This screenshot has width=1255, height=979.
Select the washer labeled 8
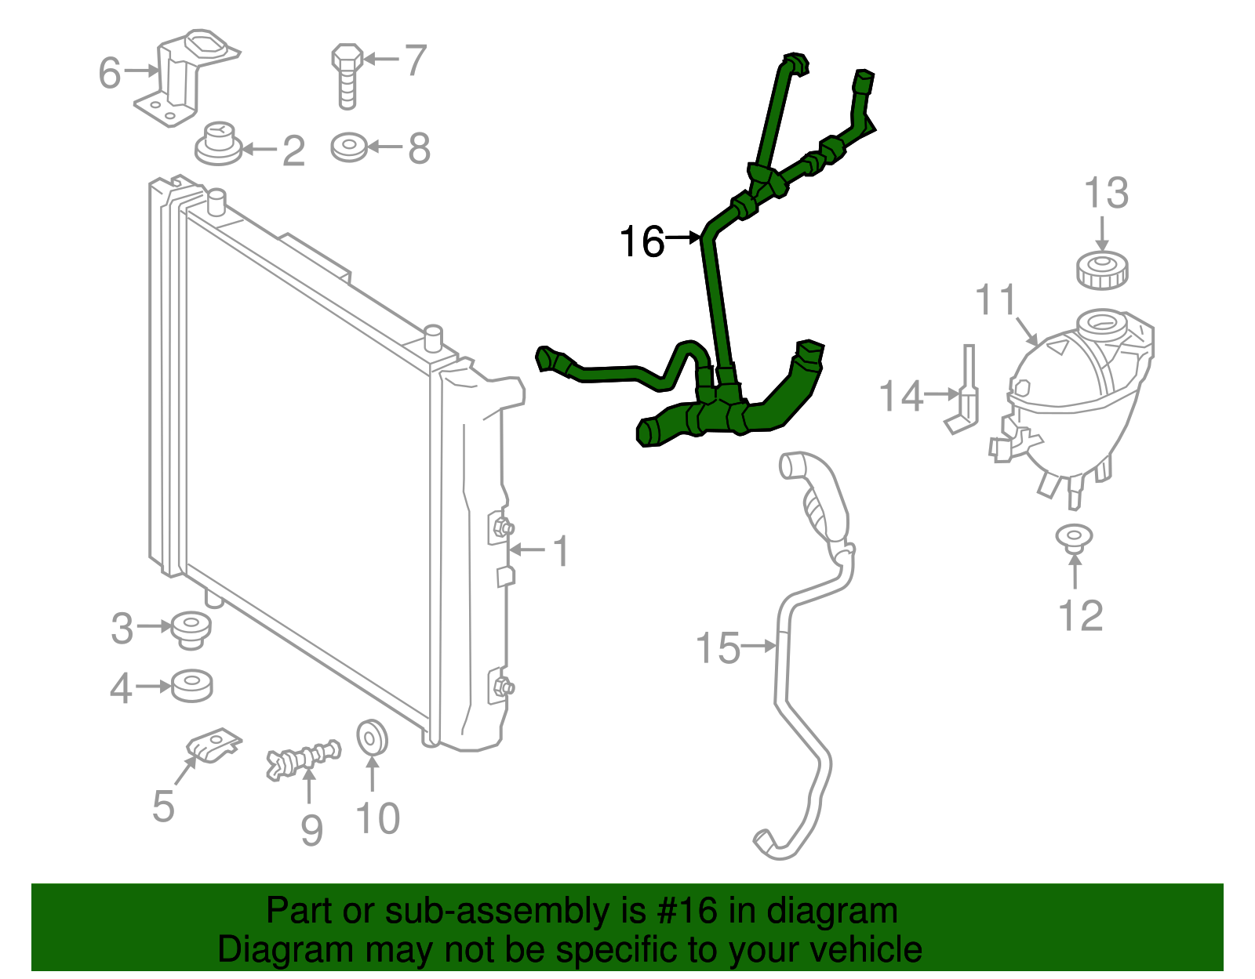[x=349, y=147]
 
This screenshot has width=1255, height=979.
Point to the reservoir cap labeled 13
[x=1102, y=270]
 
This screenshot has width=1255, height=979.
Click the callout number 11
[x=995, y=300]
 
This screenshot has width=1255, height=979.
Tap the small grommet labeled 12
[x=1074, y=536]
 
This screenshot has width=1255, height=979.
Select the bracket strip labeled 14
[x=966, y=392]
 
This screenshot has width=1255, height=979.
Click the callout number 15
[x=718, y=649]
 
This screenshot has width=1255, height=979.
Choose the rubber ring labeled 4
[x=191, y=686]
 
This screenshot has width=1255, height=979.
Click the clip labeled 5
[x=214, y=744]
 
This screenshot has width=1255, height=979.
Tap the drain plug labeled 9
[x=304, y=760]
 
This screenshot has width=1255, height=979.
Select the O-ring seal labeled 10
[x=372, y=737]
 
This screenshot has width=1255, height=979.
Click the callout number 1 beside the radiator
[x=561, y=551]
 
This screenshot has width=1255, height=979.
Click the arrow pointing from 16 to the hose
[x=683, y=236]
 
